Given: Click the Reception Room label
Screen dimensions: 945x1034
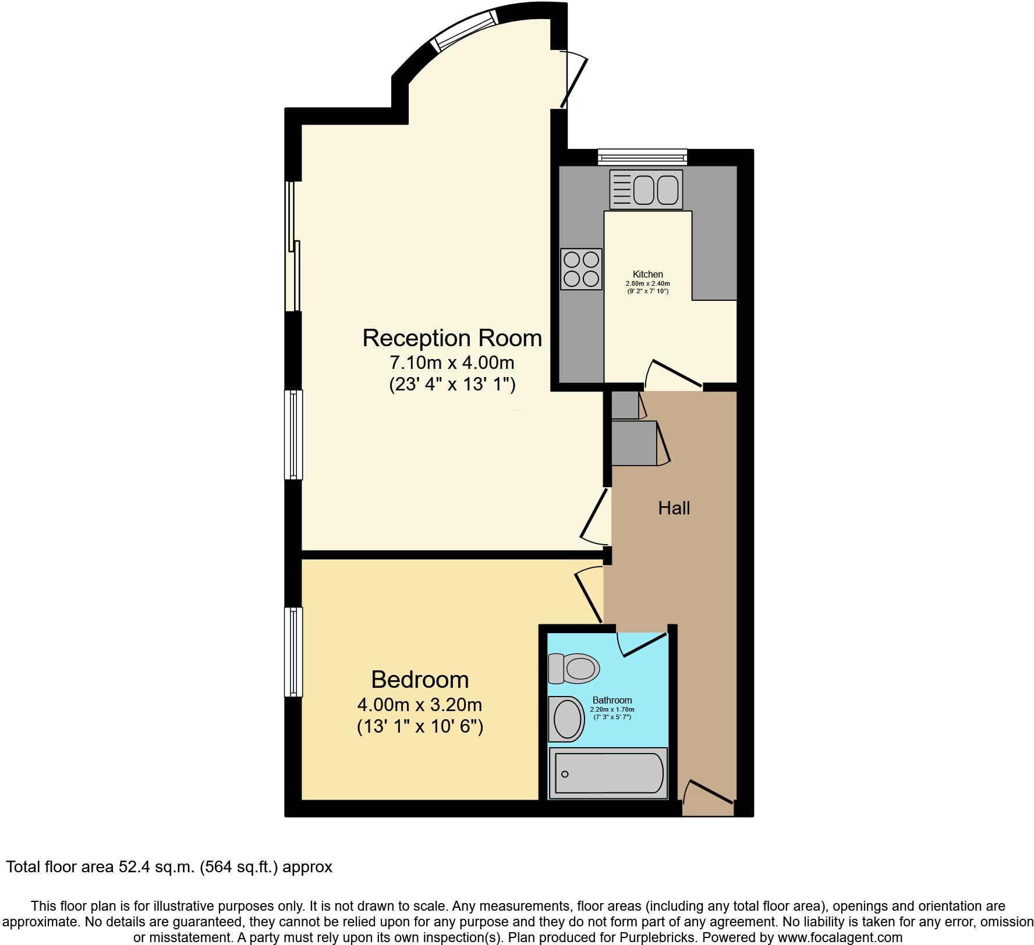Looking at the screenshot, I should [452, 338].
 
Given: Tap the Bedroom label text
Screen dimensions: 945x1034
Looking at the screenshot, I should [420, 680].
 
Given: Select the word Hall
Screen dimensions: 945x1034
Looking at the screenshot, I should [674, 508].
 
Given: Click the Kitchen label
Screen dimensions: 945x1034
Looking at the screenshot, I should [647, 274].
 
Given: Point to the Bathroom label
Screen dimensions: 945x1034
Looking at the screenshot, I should [612, 700].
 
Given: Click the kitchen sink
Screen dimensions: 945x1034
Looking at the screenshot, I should [646, 190].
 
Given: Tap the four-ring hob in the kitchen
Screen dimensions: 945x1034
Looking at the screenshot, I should [581, 269].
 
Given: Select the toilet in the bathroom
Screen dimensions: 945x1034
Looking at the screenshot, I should [574, 668].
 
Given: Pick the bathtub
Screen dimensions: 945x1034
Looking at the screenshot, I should [608, 773].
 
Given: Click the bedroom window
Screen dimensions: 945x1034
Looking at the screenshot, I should [293, 652].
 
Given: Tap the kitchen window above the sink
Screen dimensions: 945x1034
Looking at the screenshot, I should [642, 156].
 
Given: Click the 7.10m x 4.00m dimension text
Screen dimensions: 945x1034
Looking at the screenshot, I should [452, 363].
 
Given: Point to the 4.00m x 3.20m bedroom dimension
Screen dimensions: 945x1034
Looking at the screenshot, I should [420, 705].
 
